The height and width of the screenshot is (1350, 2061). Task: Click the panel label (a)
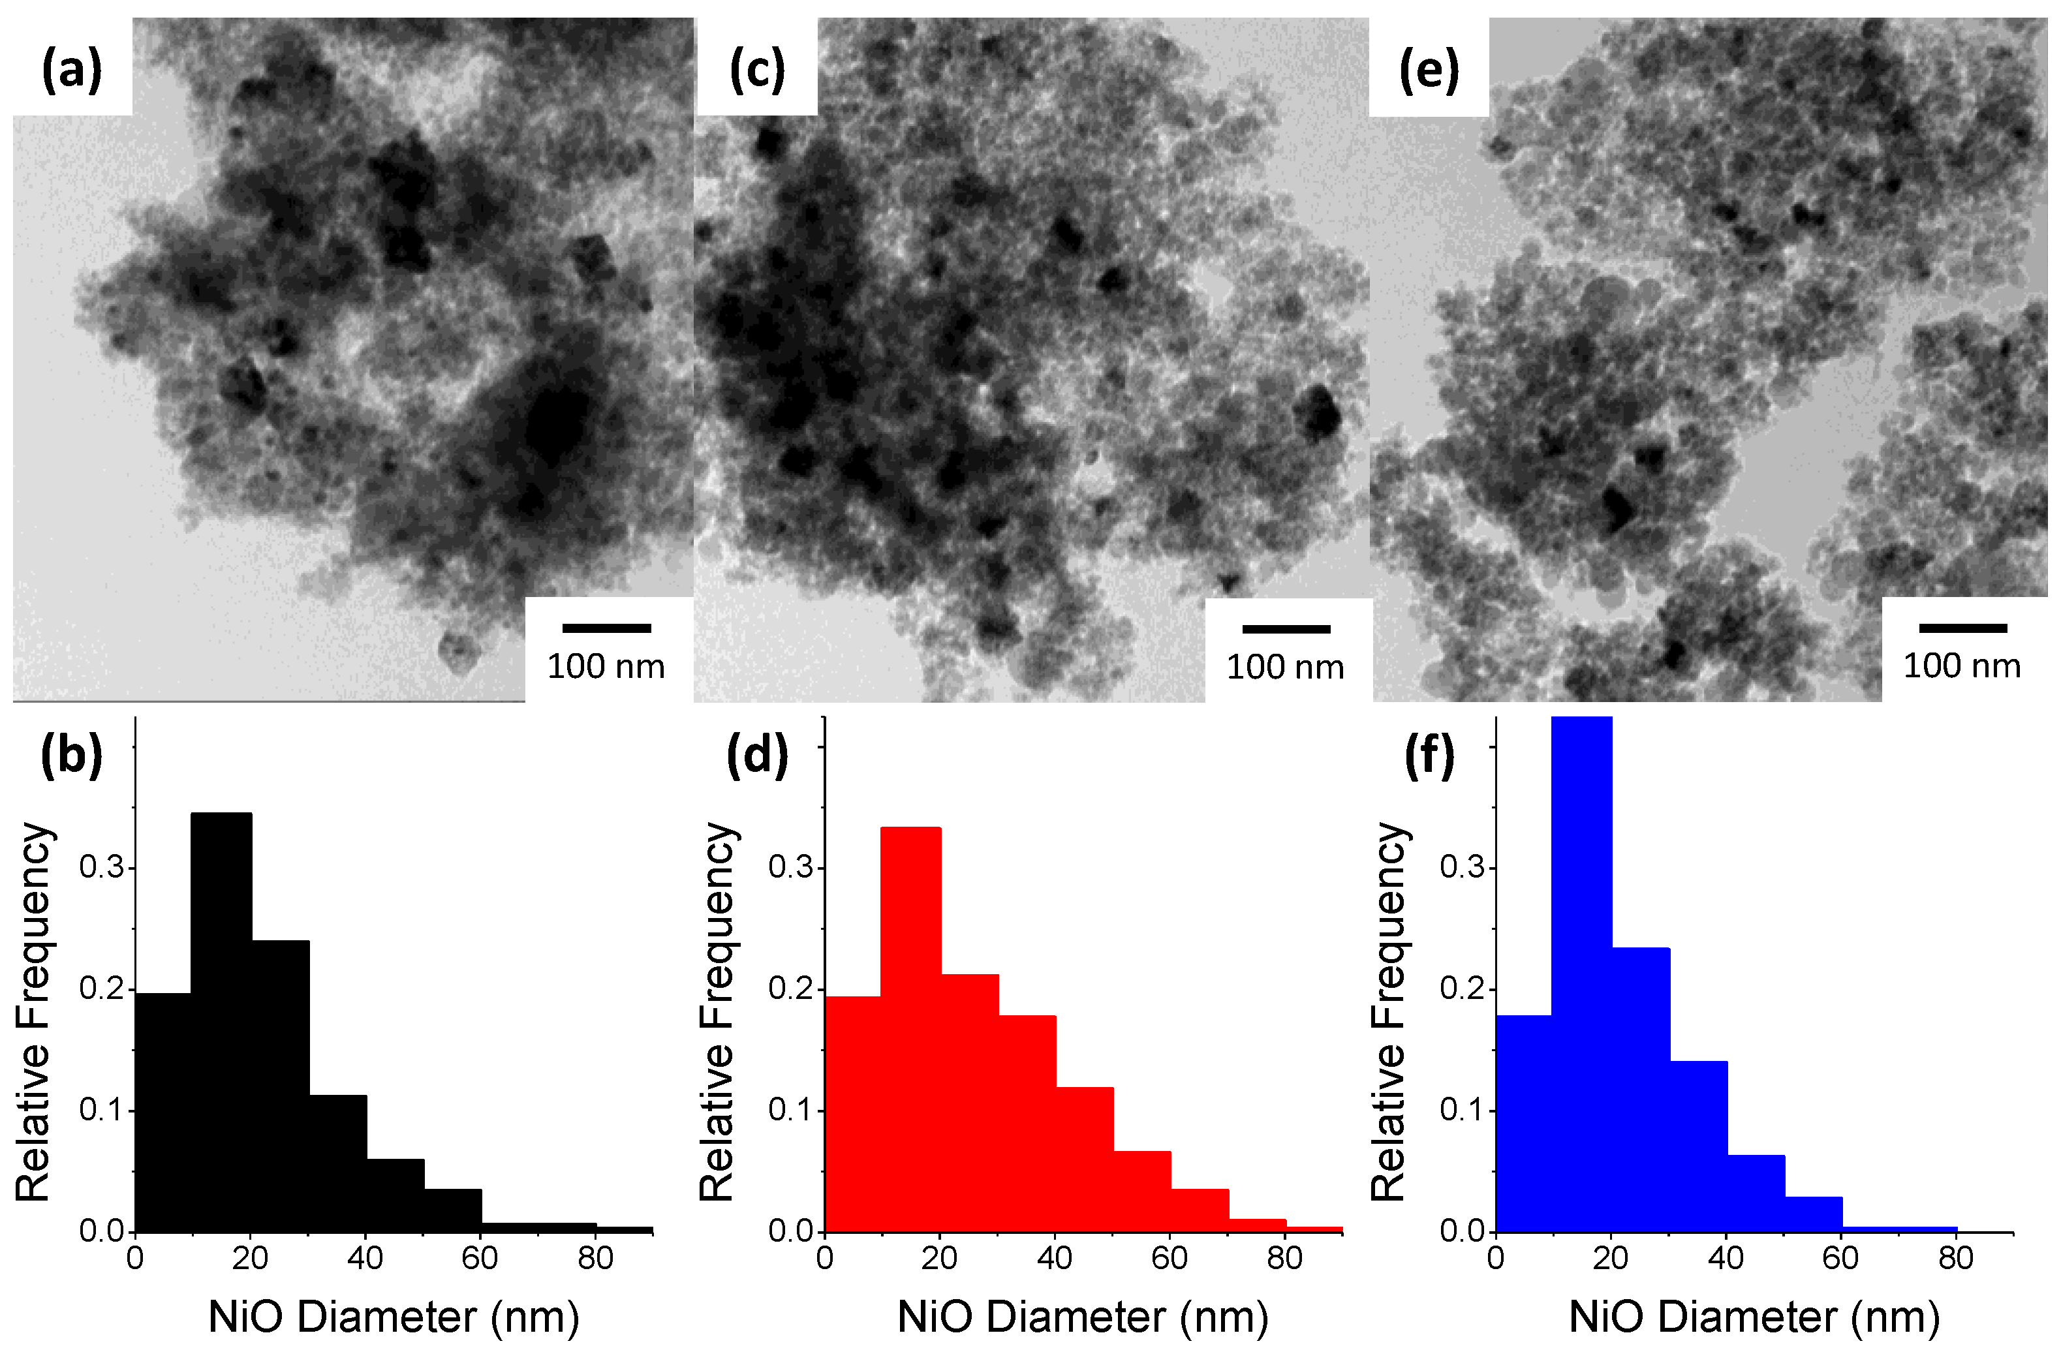point(72,69)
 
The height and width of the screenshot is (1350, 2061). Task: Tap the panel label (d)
point(757,754)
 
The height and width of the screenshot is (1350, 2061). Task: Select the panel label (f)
point(1429,754)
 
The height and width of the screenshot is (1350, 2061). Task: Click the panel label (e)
point(1429,70)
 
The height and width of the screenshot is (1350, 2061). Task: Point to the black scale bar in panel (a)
point(606,628)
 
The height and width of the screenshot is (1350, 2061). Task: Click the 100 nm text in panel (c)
point(1285,667)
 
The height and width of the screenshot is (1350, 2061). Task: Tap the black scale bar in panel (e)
point(1962,628)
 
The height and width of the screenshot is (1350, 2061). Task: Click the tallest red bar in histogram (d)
point(910,1030)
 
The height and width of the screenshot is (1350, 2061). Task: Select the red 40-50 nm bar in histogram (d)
point(1084,1160)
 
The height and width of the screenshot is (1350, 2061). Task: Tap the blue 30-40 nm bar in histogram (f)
point(1698,1147)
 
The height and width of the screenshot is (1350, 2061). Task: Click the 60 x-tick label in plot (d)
point(1169,1257)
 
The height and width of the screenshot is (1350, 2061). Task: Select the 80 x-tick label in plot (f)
point(1955,1257)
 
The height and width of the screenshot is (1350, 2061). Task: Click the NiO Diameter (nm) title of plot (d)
point(1083,1317)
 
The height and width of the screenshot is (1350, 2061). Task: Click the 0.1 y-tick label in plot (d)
point(790,1109)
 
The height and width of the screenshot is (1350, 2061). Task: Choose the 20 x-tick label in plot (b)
point(249,1257)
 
